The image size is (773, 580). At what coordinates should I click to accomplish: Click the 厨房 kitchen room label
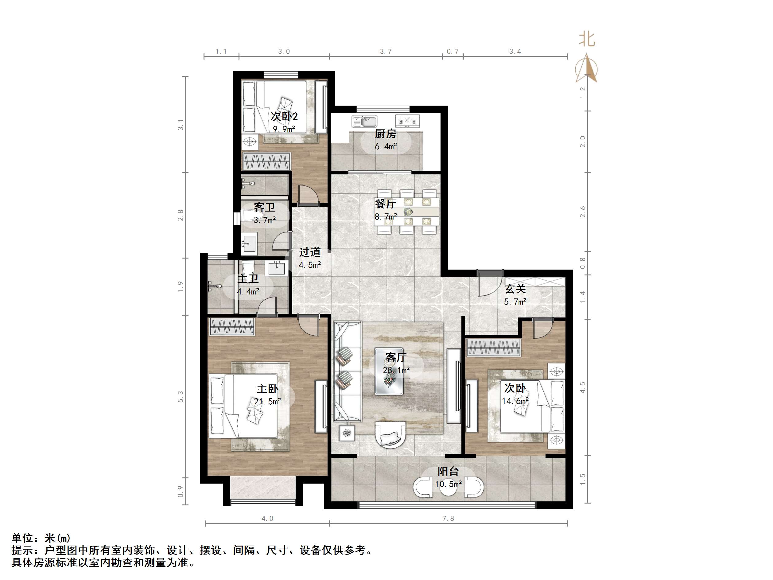coord(386,134)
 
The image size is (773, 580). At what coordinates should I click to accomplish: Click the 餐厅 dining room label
coord(386,204)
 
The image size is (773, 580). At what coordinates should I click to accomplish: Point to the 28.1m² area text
coord(396,370)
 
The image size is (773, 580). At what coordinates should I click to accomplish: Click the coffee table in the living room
coord(389,371)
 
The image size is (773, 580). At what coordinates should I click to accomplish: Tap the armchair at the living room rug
coord(390,434)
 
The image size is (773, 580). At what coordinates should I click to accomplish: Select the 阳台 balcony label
coord(448,471)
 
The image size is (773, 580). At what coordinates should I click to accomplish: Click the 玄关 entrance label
coord(515,289)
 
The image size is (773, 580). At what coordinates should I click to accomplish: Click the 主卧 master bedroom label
coord(267,389)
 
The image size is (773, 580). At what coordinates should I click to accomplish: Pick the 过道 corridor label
coord(310,252)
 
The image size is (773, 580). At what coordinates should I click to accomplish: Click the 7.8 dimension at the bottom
coord(448,519)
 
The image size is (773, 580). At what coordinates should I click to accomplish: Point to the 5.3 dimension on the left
coord(180,396)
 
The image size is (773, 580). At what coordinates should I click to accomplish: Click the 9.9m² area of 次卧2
coord(284,129)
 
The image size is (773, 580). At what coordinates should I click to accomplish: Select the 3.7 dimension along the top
coord(386,51)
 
